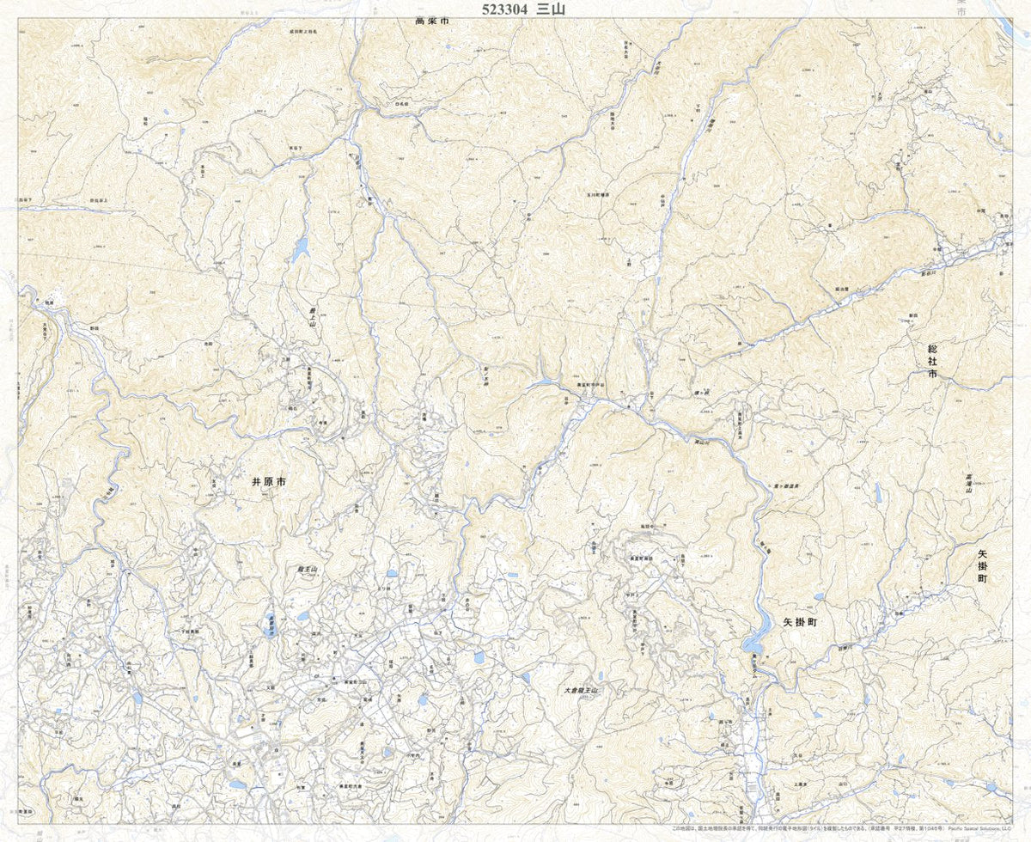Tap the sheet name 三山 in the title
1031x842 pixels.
pyautogui.click(x=552, y=9)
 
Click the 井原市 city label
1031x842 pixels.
pyautogui.click(x=267, y=484)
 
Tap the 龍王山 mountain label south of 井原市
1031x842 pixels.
pyautogui.click(x=308, y=569)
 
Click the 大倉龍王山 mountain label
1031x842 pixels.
pyautogui.click(x=580, y=689)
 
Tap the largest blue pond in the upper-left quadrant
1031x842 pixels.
pyautogui.click(x=300, y=249)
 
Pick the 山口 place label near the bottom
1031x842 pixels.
pyautogui.click(x=842, y=784)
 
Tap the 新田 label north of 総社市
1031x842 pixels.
pyautogui.click(x=913, y=315)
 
